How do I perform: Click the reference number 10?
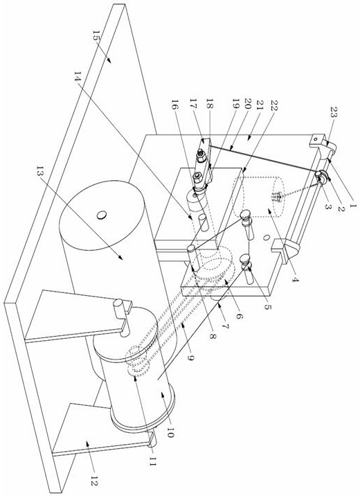click(169, 431)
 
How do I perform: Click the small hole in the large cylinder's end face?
click(102, 215)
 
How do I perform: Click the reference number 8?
click(213, 336)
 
